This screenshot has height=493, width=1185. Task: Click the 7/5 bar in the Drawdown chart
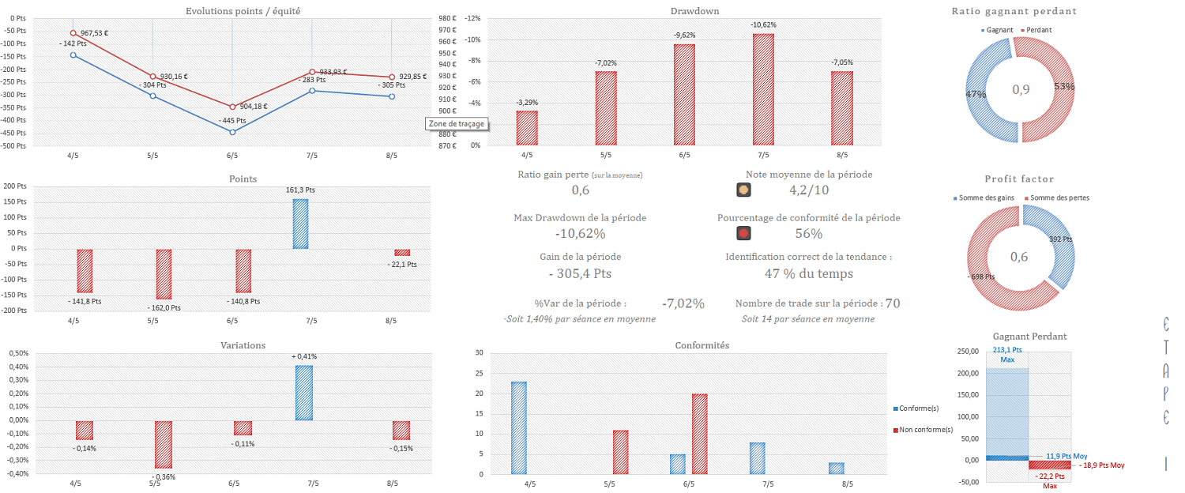point(763,89)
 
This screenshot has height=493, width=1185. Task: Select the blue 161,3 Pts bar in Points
point(301,224)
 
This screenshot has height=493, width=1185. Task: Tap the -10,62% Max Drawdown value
point(580,234)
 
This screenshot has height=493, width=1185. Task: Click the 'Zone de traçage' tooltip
point(456,124)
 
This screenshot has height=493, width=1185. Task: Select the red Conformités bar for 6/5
point(699,434)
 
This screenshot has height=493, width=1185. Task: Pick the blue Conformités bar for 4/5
point(518,427)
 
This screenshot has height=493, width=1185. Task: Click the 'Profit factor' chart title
point(1019,179)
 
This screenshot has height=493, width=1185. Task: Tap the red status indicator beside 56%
point(743,233)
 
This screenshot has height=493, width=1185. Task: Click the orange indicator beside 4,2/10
point(743,190)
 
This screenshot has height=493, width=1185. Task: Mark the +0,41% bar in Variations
point(304,393)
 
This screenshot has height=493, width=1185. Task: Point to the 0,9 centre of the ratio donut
point(1021,89)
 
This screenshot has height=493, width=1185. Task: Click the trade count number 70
point(893,303)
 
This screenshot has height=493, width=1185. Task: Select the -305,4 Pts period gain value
point(580,274)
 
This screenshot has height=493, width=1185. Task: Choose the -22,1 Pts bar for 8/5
point(402,253)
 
